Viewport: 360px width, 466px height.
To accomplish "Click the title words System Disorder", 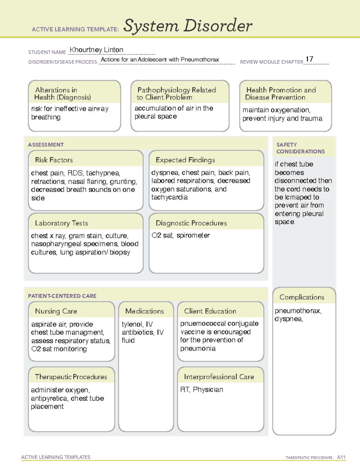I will tap(188, 26).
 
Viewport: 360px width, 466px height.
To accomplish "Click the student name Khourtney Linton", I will tap(96, 50).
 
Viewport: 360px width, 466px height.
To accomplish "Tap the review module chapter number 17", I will tap(309, 59).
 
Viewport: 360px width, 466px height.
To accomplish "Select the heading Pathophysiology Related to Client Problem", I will tap(176, 94).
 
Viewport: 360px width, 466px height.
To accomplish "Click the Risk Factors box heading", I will tap(54, 160).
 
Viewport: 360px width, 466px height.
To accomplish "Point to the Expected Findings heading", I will tap(185, 160).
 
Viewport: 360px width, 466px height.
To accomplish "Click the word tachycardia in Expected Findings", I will tap(169, 197).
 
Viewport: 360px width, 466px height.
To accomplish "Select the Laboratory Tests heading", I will tap(61, 223).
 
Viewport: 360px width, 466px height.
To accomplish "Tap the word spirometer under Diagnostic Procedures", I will tap(193, 236).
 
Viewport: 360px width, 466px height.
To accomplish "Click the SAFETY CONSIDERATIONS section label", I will tap(300, 148).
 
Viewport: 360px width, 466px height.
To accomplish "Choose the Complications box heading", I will tap(302, 297).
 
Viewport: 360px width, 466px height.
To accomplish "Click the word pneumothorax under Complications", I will tap(298, 311).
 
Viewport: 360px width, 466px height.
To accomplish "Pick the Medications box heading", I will tap(145, 311).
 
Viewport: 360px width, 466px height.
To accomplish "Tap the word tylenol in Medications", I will tap(132, 324).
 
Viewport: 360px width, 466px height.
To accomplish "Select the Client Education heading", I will tap(210, 311).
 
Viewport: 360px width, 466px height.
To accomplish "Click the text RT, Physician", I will tap(202, 390).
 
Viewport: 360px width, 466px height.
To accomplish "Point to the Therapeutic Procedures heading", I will tap(71, 377).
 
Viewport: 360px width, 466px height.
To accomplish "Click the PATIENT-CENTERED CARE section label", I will tap(62, 296).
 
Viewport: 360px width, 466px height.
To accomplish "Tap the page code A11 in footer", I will tap(341, 457).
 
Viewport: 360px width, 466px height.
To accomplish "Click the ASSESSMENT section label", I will tap(46, 145).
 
